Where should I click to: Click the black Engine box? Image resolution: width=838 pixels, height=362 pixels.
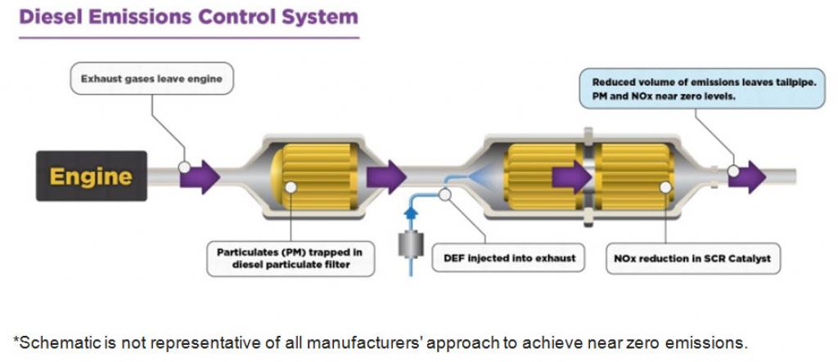click(x=91, y=176)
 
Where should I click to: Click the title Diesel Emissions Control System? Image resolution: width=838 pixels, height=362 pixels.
click(x=187, y=16)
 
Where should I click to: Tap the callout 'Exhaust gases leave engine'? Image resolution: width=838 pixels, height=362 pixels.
click(x=151, y=79)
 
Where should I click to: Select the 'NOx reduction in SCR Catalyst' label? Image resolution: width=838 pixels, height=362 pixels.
click(x=692, y=258)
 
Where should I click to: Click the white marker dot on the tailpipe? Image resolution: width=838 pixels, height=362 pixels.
click(x=734, y=172)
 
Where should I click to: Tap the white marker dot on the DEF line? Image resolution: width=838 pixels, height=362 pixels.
click(x=444, y=194)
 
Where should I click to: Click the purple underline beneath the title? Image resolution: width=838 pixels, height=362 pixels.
click(x=187, y=37)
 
